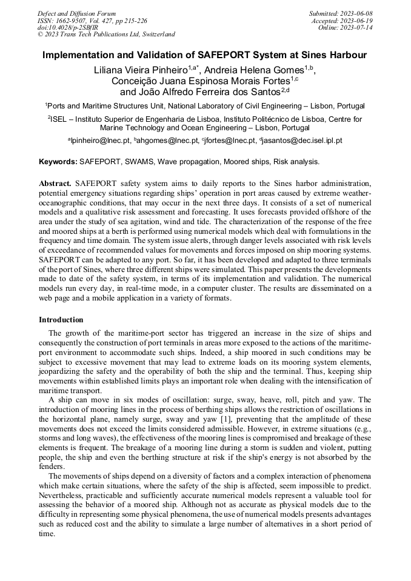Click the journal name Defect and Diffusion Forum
click(76, 13)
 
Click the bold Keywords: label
click(58, 162)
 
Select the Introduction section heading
click(61, 319)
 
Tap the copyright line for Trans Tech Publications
click(106, 35)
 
